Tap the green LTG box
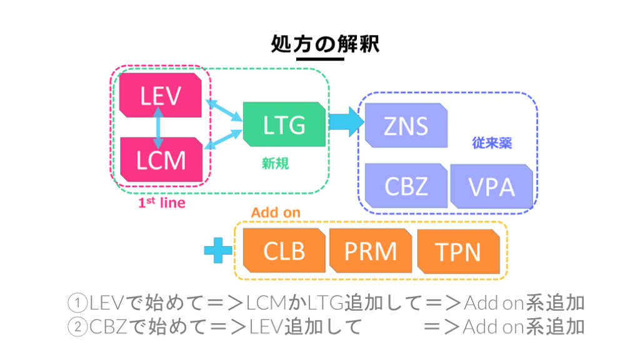(284, 124)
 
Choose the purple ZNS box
(406, 125)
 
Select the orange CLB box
(284, 251)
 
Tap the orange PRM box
(370, 251)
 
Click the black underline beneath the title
(321, 59)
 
